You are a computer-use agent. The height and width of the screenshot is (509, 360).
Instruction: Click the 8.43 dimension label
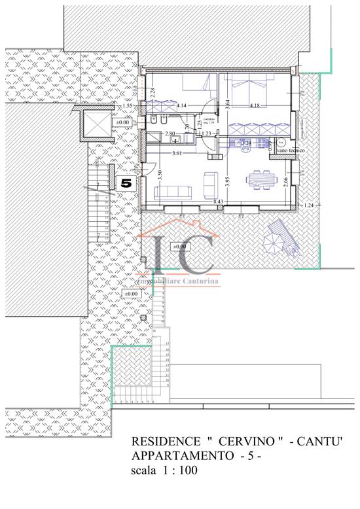click(219, 202)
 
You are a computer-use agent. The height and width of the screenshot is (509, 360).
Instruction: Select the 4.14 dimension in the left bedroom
click(181, 105)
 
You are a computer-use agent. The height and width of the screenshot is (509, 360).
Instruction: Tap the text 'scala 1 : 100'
click(164, 470)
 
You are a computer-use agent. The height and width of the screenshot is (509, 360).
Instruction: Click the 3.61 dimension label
click(177, 154)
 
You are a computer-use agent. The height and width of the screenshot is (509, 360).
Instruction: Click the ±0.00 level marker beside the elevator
click(122, 122)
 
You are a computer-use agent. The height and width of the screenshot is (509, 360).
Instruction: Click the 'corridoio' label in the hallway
click(209, 118)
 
